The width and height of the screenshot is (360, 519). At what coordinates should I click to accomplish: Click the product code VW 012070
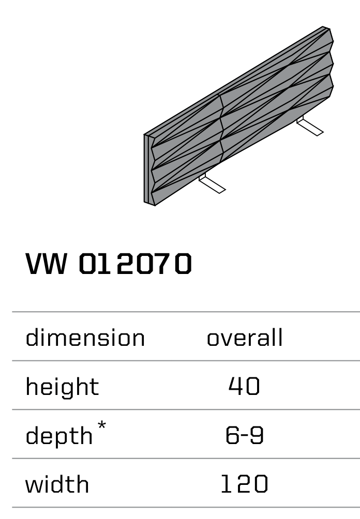[109, 264]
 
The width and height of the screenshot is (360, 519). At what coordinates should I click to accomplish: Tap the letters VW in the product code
[47, 264]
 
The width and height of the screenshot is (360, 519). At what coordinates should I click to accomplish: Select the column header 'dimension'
[85, 338]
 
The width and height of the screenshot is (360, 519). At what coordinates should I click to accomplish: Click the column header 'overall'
[245, 338]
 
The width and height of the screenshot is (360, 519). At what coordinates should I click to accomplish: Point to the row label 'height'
[62, 387]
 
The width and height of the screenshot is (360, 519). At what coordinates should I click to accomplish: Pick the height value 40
[244, 387]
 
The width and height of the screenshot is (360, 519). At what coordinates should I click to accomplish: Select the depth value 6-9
[244, 436]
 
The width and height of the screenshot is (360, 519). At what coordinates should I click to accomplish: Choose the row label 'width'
[57, 484]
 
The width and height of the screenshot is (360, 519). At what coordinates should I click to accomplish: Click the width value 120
[244, 484]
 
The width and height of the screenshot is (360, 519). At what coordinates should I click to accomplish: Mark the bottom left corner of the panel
[154, 205]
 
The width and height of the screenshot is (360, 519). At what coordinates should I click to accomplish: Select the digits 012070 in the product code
[136, 264]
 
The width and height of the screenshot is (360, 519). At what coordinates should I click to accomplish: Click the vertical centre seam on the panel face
[221, 127]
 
